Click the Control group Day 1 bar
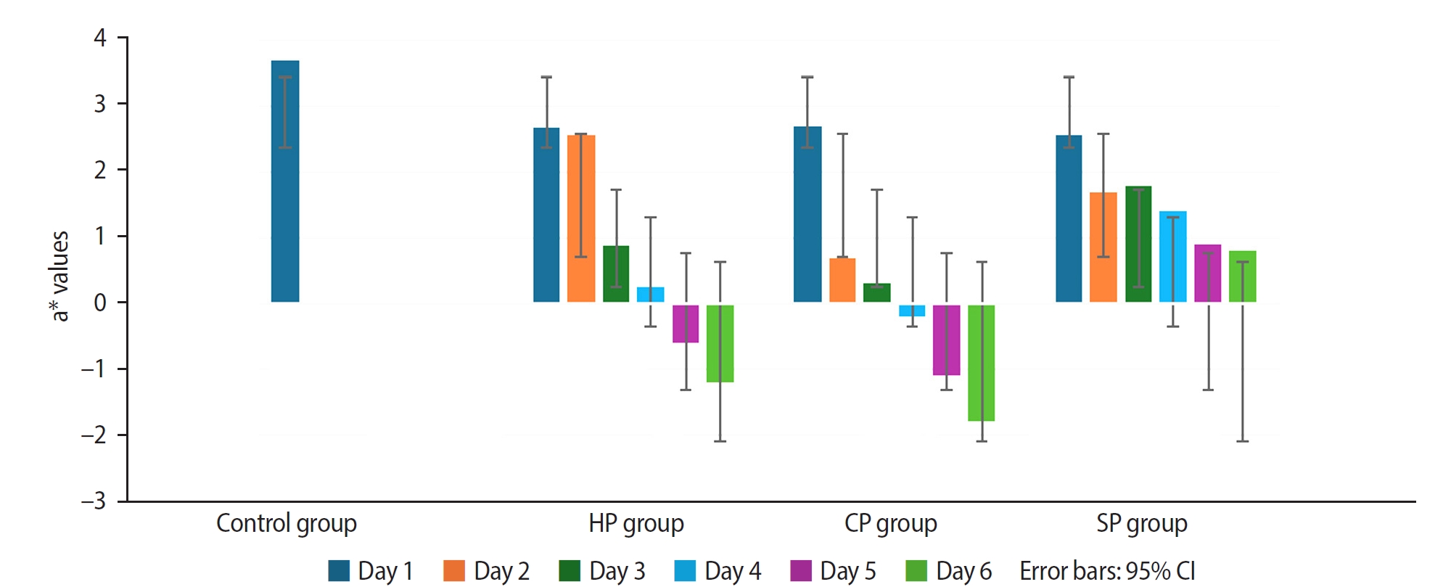point(285,181)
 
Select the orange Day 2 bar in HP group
point(581,218)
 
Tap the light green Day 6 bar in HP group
point(720,343)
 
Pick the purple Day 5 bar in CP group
point(946,340)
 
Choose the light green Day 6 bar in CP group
point(981,363)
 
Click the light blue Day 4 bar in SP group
point(1172,256)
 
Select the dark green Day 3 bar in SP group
point(1138,244)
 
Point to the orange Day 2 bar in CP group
point(842,280)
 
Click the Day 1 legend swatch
point(339,571)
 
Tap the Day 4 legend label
point(733,571)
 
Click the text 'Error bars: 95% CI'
point(1107,571)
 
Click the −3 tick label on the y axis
point(94,501)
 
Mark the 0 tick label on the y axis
point(100,303)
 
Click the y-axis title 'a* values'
point(59,276)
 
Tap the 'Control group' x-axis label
point(287,523)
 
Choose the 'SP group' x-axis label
point(1142,523)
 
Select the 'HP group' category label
point(636,523)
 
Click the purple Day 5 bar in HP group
point(686,324)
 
